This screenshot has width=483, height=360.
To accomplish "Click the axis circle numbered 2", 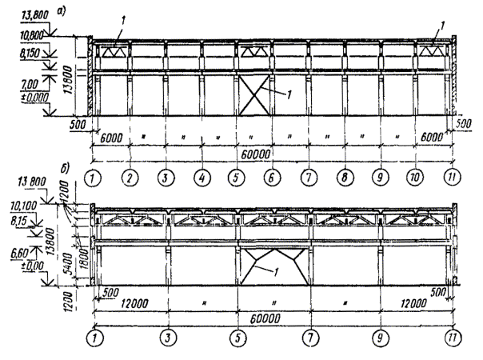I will (130, 176).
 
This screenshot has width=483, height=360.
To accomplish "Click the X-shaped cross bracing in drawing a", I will (256, 97).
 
